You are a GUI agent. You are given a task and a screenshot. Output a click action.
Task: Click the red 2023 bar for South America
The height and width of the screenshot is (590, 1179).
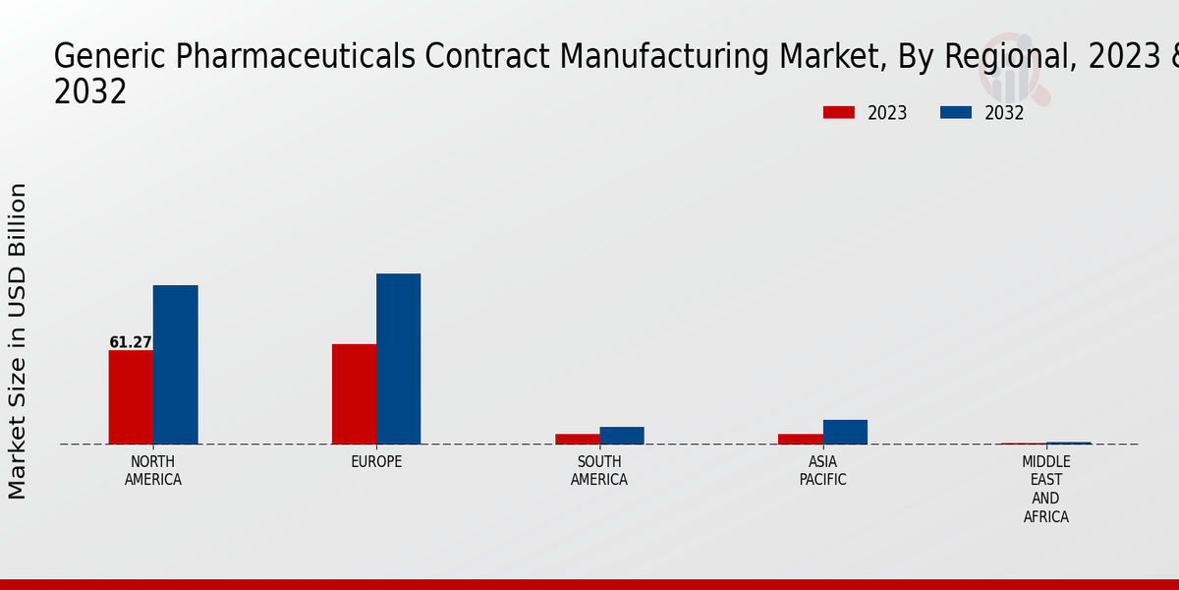pyautogui.click(x=577, y=439)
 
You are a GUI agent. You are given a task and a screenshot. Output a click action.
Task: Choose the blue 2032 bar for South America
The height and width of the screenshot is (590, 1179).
pyautogui.click(x=622, y=435)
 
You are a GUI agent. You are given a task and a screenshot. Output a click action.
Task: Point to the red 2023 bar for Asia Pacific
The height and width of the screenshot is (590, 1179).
pyautogui.click(x=800, y=439)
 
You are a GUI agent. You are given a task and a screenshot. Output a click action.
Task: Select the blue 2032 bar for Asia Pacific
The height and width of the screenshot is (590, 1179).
pyautogui.click(x=845, y=432)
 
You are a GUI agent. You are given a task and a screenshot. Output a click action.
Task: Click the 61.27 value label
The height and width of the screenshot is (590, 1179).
pyautogui.click(x=131, y=342)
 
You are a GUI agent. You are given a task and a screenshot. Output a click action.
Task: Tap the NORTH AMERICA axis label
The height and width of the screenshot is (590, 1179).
pyautogui.click(x=152, y=471)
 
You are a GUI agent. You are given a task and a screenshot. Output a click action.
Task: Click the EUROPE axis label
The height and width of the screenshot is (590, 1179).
pyautogui.click(x=376, y=462)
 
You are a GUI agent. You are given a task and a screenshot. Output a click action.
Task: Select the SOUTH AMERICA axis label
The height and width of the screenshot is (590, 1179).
pyautogui.click(x=599, y=471)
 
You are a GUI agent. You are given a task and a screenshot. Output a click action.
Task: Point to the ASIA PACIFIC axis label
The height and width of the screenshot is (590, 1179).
pyautogui.click(x=822, y=471)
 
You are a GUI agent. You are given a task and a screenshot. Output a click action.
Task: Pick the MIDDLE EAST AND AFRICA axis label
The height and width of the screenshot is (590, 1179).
pyautogui.click(x=1045, y=490)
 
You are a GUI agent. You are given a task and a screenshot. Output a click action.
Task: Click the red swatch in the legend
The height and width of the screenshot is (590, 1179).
pyautogui.click(x=838, y=113)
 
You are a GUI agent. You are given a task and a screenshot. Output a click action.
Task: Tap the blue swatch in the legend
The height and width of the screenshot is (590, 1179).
pyautogui.click(x=955, y=113)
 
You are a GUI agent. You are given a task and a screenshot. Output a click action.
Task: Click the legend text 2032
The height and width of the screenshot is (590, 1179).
pyautogui.click(x=1004, y=113)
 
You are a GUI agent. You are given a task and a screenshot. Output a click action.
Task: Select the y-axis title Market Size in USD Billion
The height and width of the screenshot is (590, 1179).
pyautogui.click(x=18, y=340)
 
